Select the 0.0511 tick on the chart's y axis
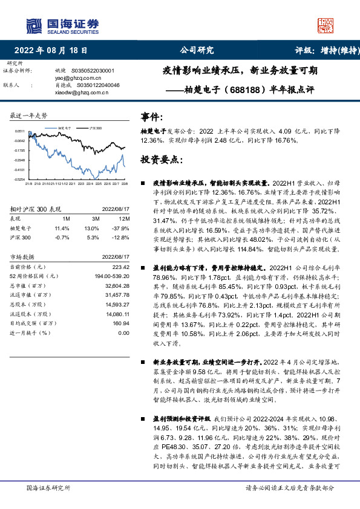(19, 131)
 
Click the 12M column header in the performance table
(124, 218)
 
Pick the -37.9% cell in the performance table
(122, 228)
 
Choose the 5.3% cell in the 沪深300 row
(92, 237)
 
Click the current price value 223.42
(121, 267)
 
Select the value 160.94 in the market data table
(121, 323)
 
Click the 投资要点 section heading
(161, 160)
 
